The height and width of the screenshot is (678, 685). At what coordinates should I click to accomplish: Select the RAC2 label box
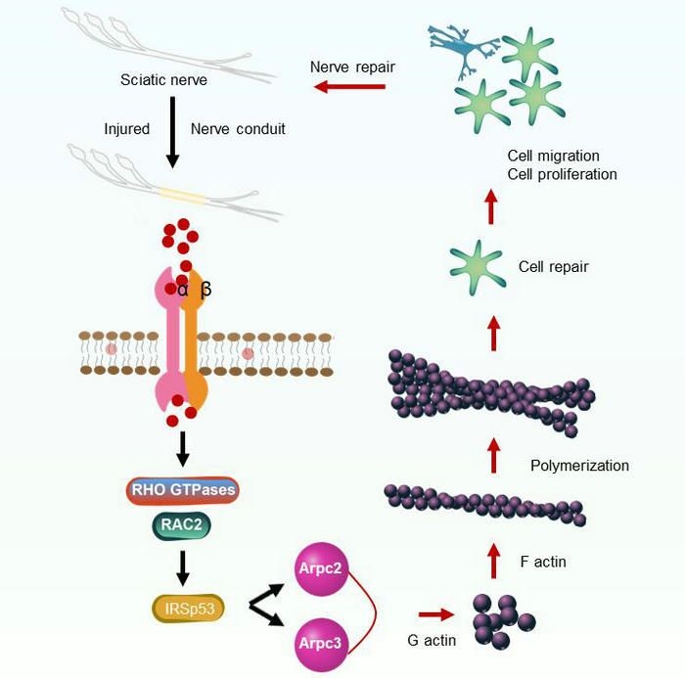click(x=181, y=527)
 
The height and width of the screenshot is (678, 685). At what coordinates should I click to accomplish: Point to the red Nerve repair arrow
click(x=349, y=88)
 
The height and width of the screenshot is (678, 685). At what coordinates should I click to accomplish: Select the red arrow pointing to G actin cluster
click(x=435, y=614)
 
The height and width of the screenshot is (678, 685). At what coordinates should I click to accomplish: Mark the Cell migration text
click(x=554, y=156)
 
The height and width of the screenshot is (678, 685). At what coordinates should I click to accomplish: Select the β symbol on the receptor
click(x=205, y=289)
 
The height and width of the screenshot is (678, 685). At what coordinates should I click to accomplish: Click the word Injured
click(x=127, y=129)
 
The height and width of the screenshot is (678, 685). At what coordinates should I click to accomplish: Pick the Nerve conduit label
click(x=238, y=129)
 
